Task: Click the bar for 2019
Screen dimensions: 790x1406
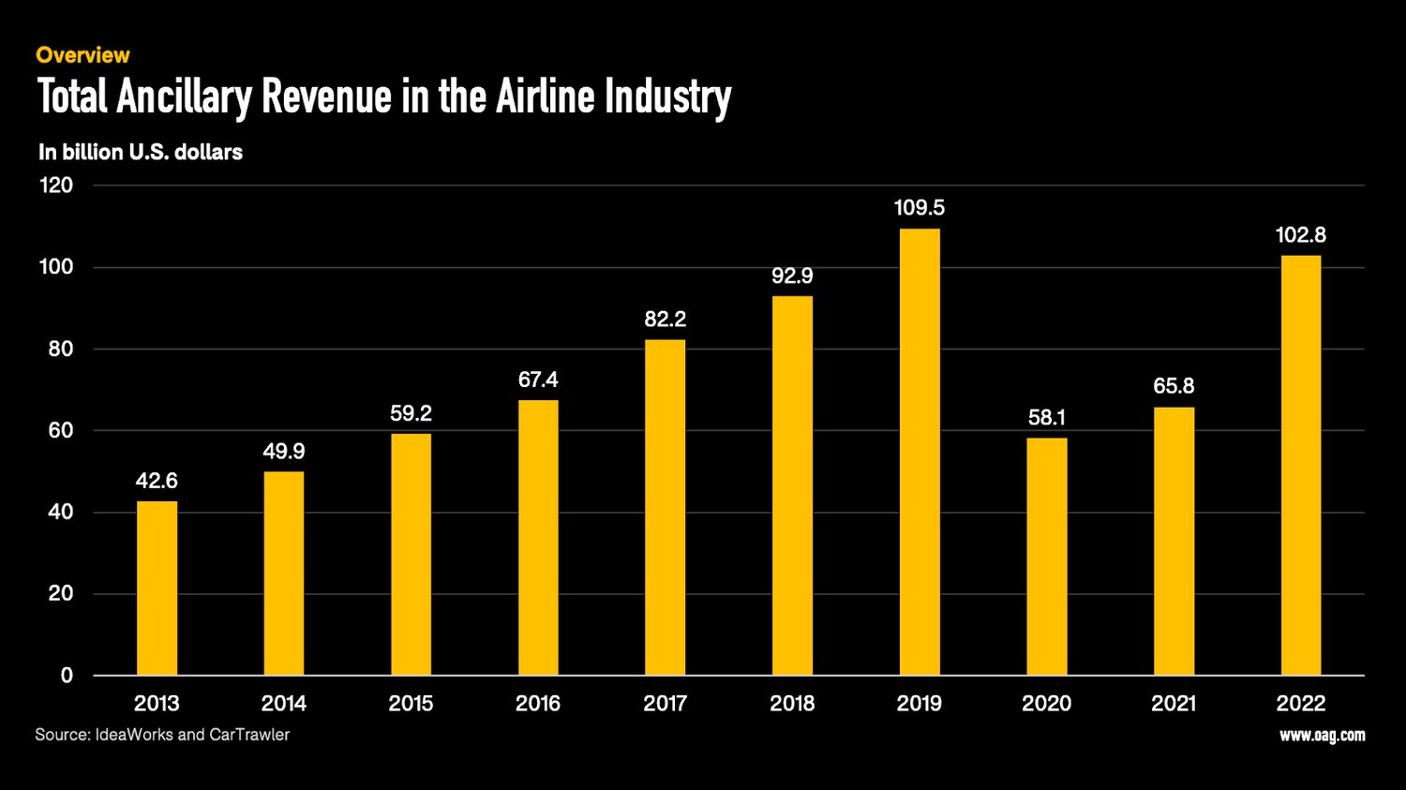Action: click(920, 452)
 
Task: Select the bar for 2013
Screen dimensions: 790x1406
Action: click(157, 589)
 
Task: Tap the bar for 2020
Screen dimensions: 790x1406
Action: click(1046, 557)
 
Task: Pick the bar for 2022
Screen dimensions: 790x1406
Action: click(1300, 466)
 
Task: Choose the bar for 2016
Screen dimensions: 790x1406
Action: click(538, 538)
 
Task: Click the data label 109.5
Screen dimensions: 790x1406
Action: click(920, 208)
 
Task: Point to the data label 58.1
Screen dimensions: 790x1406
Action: click(1046, 418)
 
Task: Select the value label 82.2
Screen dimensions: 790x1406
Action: click(665, 320)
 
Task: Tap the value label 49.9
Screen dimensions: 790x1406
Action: click(283, 452)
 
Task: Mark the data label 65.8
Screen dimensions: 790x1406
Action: click(1174, 386)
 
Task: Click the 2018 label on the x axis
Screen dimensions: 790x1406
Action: click(792, 704)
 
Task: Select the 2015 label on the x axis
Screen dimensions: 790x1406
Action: click(411, 704)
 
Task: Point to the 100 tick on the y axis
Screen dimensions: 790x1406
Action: click(55, 267)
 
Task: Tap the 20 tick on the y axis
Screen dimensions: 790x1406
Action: click(60, 593)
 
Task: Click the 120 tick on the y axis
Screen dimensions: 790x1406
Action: click(55, 186)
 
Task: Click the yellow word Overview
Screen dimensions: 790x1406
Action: click(82, 55)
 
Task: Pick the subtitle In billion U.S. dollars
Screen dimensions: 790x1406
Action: click(141, 152)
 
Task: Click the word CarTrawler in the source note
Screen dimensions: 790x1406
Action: click(249, 735)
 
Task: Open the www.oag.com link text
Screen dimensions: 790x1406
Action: click(1322, 736)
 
